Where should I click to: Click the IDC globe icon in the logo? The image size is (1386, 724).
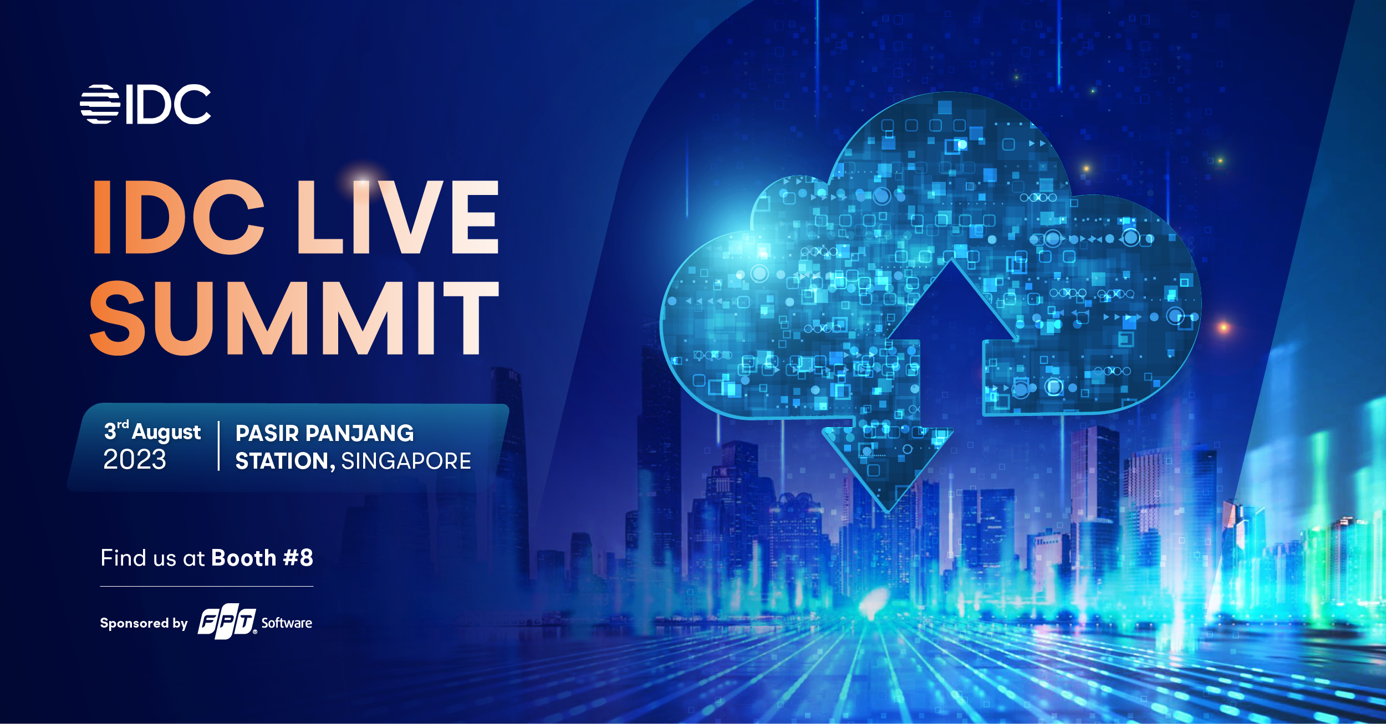[100, 104]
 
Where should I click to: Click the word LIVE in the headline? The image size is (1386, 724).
[398, 217]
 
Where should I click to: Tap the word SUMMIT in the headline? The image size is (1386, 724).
[294, 317]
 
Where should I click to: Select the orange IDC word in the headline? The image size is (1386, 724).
[179, 217]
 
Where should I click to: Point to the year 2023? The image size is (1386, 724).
[135, 460]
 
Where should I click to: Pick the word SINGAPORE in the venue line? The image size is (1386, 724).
[406, 461]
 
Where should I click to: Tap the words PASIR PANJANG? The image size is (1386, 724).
[325, 433]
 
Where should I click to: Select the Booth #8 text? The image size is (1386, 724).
[262, 558]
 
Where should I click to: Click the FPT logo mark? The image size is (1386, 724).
[227, 621]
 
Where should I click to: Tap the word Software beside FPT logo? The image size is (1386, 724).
[287, 623]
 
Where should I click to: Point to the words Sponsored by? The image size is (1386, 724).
[144, 623]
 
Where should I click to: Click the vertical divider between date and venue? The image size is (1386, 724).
[219, 446]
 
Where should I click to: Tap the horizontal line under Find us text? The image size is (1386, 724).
[207, 586]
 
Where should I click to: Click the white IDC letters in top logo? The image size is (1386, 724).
[169, 104]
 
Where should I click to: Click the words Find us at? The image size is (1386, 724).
[153, 558]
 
